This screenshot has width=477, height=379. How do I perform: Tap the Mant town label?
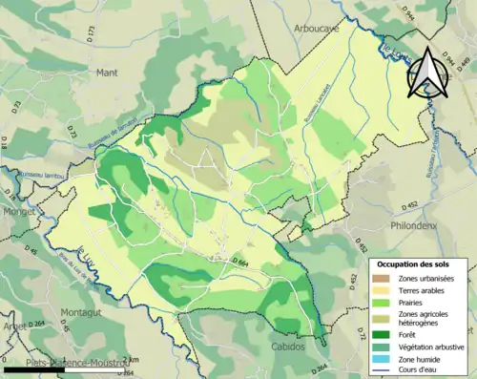click(106, 72)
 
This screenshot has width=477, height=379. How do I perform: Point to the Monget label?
click(18, 212)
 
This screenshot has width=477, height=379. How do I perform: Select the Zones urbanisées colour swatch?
click(380, 277)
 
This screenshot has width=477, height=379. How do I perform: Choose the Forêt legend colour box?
click(380, 334)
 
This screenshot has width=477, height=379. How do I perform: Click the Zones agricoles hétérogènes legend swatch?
click(380, 317)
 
